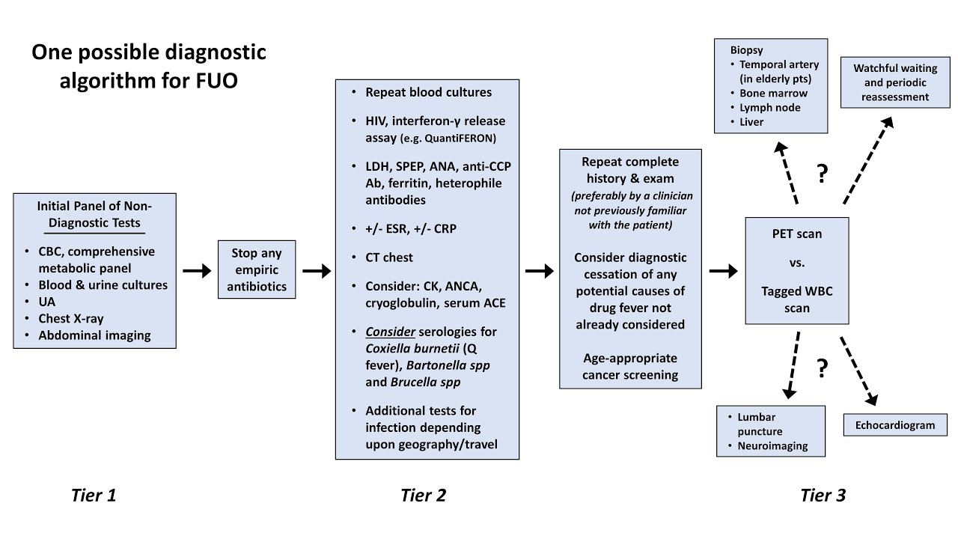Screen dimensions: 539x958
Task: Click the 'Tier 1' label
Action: pyautogui.click(x=94, y=495)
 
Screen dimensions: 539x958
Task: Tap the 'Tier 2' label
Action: pyautogui.click(x=423, y=495)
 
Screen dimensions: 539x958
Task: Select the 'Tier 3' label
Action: pyautogui.click(x=823, y=495)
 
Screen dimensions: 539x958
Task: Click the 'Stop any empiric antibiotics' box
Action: pyautogui.click(x=257, y=270)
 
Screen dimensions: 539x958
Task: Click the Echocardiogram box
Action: pyautogui.click(x=895, y=425)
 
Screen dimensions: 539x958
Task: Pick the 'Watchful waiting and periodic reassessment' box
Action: pyautogui.click(x=895, y=82)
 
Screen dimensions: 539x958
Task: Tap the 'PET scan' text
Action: pyautogui.click(x=797, y=234)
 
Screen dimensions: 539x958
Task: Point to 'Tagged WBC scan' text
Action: pyautogui.click(x=797, y=299)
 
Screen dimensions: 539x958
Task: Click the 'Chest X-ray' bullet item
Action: pyautogui.click(x=70, y=319)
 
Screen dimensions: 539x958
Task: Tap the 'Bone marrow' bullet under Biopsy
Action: pyautogui.click(x=773, y=94)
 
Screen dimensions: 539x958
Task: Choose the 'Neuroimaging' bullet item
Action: pyautogui.click(x=772, y=445)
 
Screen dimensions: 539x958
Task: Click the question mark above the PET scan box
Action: pyautogui.click(x=823, y=174)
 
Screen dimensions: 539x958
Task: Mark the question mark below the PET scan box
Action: pyautogui.click(x=823, y=368)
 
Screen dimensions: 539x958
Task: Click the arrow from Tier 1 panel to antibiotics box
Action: pyautogui.click(x=197, y=271)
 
